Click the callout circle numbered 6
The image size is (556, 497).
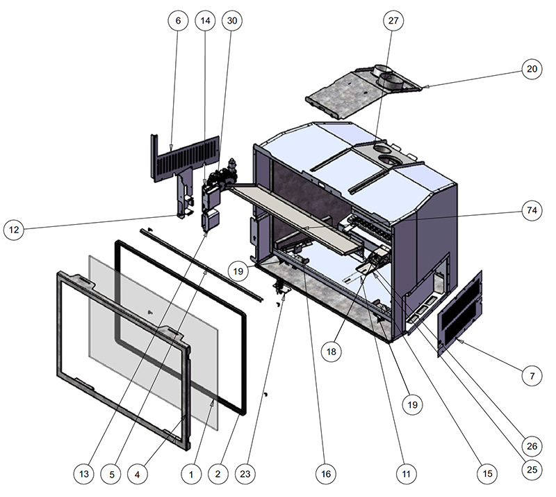tap(178, 21)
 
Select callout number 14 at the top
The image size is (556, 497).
tap(205, 21)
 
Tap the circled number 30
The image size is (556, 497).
tap(232, 21)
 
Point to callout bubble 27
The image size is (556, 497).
tap(393, 21)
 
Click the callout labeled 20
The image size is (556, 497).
tap(532, 69)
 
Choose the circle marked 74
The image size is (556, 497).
tap(532, 211)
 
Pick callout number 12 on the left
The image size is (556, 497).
tap(14, 230)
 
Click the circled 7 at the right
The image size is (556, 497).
tap(532, 375)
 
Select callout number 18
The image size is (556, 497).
tap(332, 352)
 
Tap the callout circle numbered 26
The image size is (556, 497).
tap(532, 446)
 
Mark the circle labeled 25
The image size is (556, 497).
tap(532, 470)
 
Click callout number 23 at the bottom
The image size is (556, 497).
tap(245, 474)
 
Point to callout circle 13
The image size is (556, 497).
tap(84, 474)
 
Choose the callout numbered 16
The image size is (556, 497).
tap(326, 474)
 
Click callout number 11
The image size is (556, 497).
tap(407, 474)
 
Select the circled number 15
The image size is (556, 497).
tap(488, 474)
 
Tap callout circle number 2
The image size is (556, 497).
tap(218, 474)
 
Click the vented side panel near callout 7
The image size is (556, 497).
tap(460, 313)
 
